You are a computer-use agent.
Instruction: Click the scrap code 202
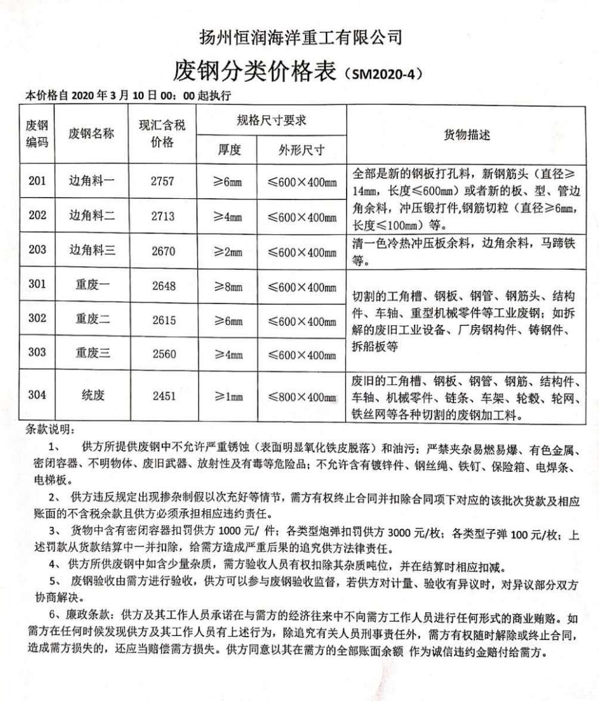[x=37, y=216]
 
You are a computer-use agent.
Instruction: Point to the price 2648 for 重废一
[x=164, y=286]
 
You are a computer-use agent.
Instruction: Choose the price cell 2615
[x=164, y=320]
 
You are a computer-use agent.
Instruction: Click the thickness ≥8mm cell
[x=228, y=287]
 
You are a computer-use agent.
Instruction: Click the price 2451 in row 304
[x=164, y=395]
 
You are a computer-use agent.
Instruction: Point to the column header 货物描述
[x=467, y=136]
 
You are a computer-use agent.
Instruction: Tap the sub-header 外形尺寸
[x=301, y=150]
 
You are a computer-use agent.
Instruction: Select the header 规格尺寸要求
[x=271, y=121]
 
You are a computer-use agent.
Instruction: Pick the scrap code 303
[x=37, y=352]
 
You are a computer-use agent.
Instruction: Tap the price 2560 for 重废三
[x=164, y=354]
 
